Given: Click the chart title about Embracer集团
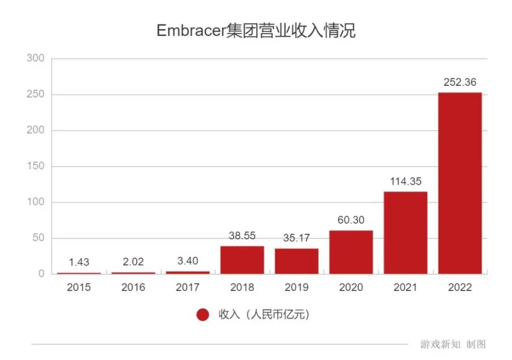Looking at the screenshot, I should click(x=256, y=31).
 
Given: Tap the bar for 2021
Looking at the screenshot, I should click(x=405, y=233).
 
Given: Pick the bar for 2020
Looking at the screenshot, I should click(x=351, y=252).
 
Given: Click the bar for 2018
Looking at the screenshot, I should click(x=242, y=260).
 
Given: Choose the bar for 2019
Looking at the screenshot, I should click(x=297, y=261).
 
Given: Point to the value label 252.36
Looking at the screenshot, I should click(x=460, y=82).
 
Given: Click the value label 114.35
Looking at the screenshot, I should click(x=405, y=181).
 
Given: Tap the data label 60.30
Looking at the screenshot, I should click(x=351, y=220).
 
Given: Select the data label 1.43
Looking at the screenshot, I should click(x=79, y=262).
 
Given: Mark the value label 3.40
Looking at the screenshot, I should click(x=187, y=261).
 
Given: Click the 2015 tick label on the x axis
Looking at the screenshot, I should click(x=79, y=288).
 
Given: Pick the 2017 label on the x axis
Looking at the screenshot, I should click(x=187, y=288).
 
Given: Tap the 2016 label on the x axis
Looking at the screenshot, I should click(x=133, y=288).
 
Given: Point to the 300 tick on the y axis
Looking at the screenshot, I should click(x=36, y=58).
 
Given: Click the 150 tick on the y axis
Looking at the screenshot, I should click(x=36, y=166).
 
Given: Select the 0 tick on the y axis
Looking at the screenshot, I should click(x=41, y=274).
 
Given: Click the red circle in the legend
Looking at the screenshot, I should click(x=203, y=315).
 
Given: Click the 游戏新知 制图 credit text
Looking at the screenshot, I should click(x=453, y=344).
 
